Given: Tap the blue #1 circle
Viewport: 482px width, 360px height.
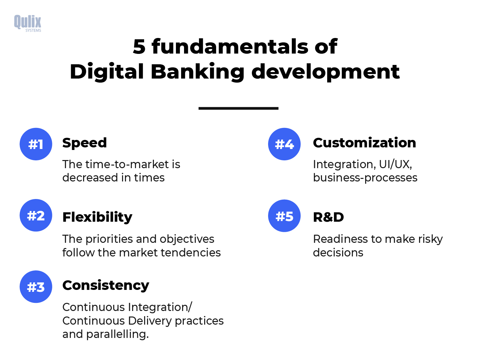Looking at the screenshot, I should [36, 144].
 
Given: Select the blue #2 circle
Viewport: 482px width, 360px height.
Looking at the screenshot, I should [36, 215].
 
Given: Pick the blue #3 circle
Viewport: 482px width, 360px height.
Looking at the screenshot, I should [36, 287].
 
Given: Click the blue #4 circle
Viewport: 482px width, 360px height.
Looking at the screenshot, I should [284, 144].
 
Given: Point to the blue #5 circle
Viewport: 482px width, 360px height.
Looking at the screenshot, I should [284, 216].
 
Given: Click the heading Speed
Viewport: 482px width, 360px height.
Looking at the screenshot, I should [84, 143].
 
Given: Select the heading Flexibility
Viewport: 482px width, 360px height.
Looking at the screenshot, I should [97, 217].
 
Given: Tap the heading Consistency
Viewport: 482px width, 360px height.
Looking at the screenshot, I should [106, 285].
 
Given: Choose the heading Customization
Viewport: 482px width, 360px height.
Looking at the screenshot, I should [365, 143].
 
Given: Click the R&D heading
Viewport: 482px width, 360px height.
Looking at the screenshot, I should [328, 217].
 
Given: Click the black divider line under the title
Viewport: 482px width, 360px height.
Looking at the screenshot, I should [239, 108].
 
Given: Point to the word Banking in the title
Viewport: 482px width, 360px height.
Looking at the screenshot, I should [198, 72].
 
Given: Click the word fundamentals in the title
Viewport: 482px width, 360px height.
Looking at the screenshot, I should [230, 46].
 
